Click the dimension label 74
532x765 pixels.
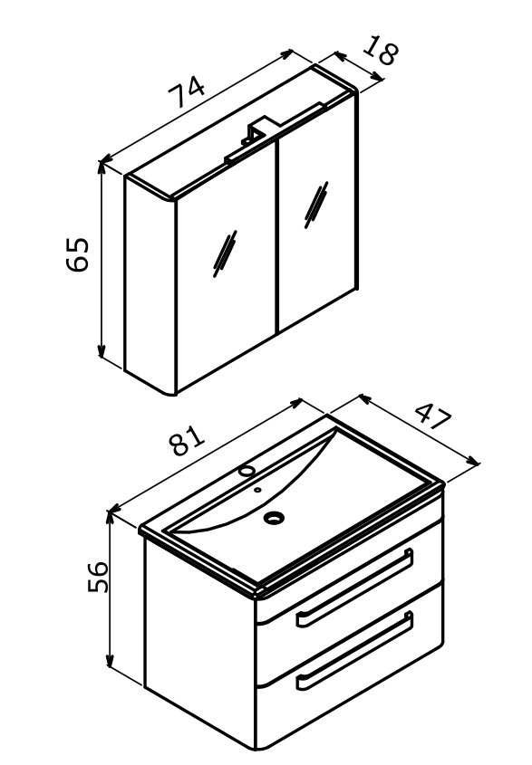tap(186, 91)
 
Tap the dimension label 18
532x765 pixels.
tap(381, 50)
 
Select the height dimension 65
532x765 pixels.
tap(77, 253)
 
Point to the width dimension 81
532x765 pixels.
tap(187, 440)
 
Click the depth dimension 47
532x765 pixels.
tap(434, 416)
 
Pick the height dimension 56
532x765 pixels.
tap(98, 577)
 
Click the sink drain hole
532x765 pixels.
tap(274, 517)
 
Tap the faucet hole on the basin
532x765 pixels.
tap(247, 471)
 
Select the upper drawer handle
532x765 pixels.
tap(355, 587)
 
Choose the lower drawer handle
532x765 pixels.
tap(355, 650)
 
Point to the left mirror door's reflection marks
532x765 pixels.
tap(225, 253)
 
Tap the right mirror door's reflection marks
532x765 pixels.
tap(316, 205)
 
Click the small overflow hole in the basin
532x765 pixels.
tap(257, 490)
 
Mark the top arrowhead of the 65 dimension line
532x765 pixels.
tap(102, 167)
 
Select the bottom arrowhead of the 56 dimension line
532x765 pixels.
tap(110, 660)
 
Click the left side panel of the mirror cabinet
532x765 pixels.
tap(150, 285)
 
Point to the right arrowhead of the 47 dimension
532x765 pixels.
tap(473, 461)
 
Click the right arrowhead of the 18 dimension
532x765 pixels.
tap(378, 76)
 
